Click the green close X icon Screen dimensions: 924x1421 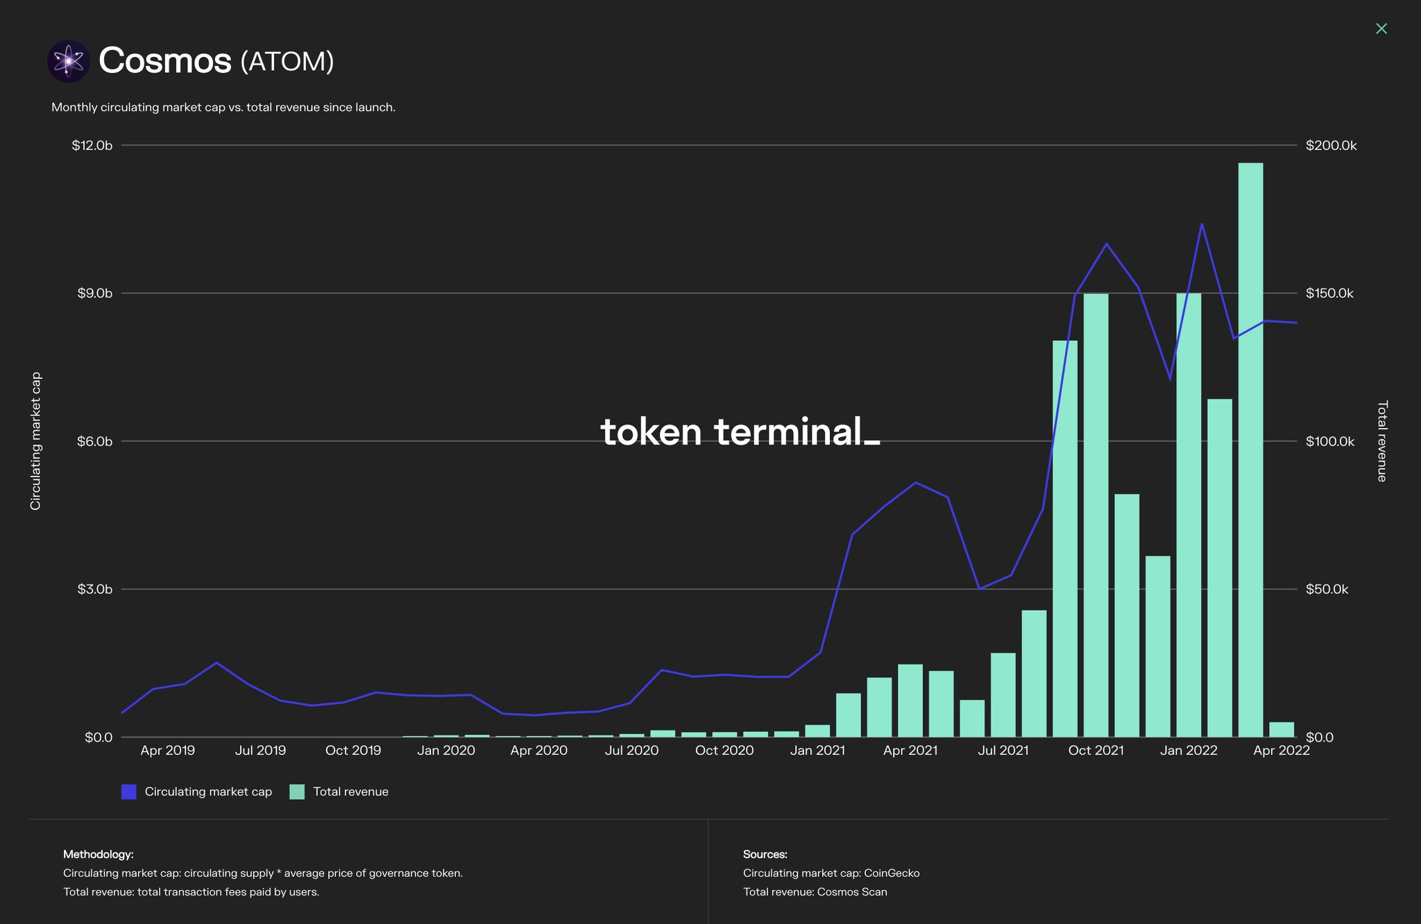point(1381,28)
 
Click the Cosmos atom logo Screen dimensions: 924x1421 point(68,61)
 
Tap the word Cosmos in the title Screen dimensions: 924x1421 point(164,61)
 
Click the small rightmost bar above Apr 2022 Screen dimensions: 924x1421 point(1282,729)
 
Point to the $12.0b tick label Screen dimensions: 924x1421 point(92,146)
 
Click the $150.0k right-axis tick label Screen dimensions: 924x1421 point(1329,293)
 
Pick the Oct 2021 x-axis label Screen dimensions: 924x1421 point(1096,751)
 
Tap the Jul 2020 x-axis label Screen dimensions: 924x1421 point(631,751)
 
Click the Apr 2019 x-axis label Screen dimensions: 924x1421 point(167,751)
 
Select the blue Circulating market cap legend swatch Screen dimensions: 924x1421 point(128,792)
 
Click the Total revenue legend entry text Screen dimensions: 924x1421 point(350,792)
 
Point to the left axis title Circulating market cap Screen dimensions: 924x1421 point(36,441)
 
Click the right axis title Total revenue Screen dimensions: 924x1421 point(1381,441)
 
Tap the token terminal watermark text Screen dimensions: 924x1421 point(740,431)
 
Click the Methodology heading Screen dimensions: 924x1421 point(98,854)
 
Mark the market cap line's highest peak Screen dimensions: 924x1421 point(1202,224)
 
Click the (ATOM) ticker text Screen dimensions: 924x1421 point(287,62)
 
